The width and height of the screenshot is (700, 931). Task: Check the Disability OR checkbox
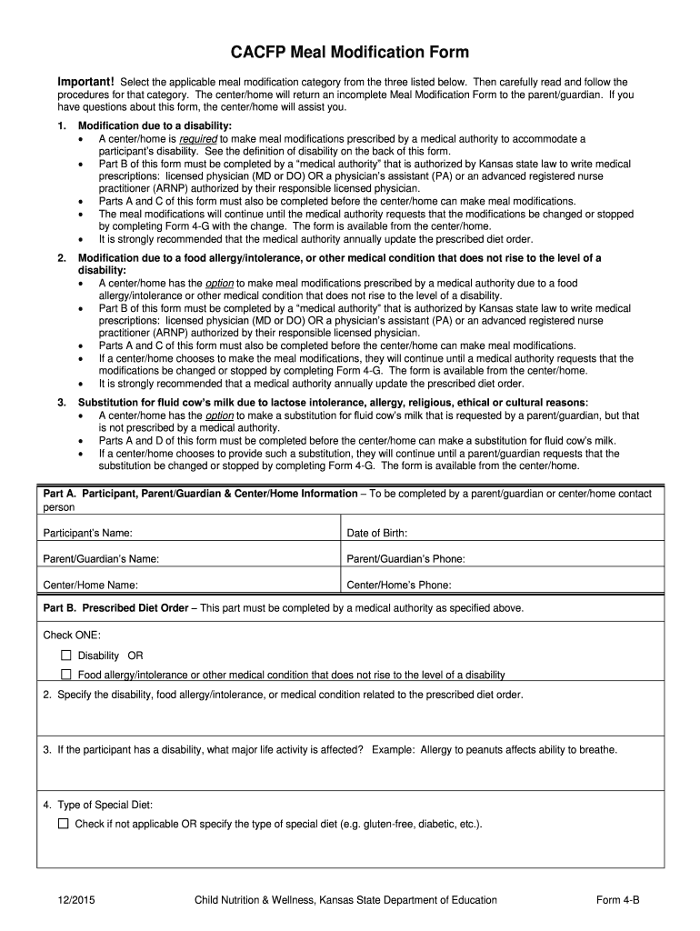coord(65,656)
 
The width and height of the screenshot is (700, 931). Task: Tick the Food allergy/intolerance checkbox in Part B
coord(65,675)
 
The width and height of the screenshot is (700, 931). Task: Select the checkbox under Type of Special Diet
coord(63,824)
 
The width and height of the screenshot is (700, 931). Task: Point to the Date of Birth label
coord(377,533)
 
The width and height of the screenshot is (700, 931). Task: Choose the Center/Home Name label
coord(91,586)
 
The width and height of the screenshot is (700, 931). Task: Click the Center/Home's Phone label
coord(399,586)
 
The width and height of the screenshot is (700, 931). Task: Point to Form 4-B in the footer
coord(618,900)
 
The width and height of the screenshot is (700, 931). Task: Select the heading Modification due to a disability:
coord(155,125)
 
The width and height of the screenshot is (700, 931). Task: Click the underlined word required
coord(198,138)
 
